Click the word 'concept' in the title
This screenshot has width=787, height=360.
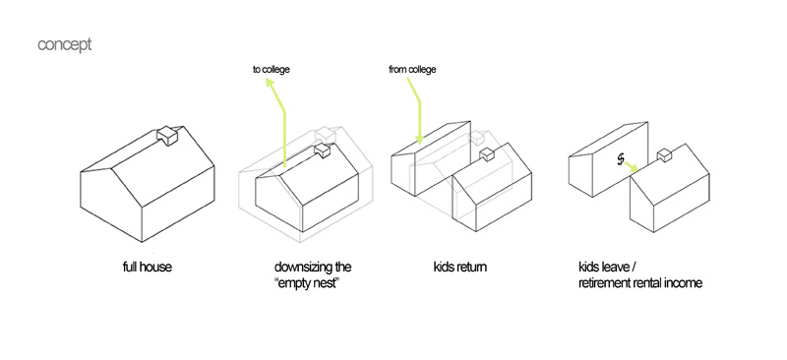pos(64,44)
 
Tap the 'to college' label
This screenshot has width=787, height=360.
pos(272,69)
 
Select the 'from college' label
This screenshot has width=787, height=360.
pos(412,69)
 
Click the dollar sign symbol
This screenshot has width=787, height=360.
pos(621,159)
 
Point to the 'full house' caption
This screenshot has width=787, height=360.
pos(147,267)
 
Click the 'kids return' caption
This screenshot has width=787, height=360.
pos(459,267)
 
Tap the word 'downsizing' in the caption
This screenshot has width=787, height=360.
pos(299,268)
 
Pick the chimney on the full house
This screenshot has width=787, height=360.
pos(168,135)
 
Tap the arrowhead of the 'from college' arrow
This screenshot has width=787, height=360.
pos(420,139)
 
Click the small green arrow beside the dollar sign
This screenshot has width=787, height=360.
pos(631,167)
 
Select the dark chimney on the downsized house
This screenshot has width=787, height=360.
pos(322,150)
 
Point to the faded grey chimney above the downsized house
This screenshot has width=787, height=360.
pos(325,135)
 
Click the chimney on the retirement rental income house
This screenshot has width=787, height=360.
pos(665,155)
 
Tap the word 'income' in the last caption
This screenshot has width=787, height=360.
pos(685,283)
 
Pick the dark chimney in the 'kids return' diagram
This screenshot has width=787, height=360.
pos(487,154)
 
